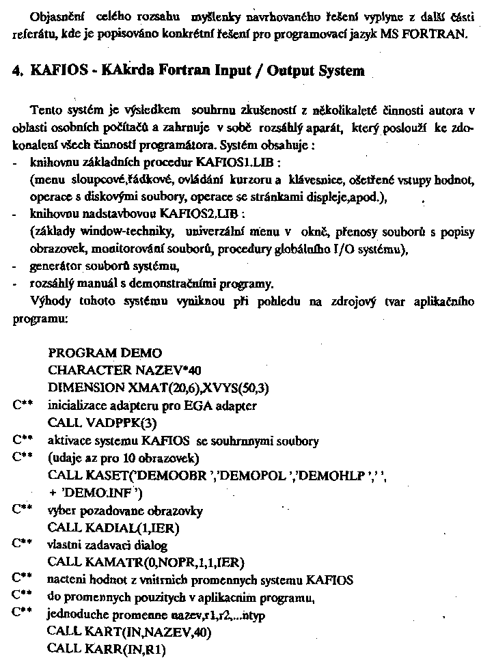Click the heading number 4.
tap(18, 70)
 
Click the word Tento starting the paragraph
tap(46, 111)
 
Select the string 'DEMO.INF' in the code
tap(95, 493)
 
